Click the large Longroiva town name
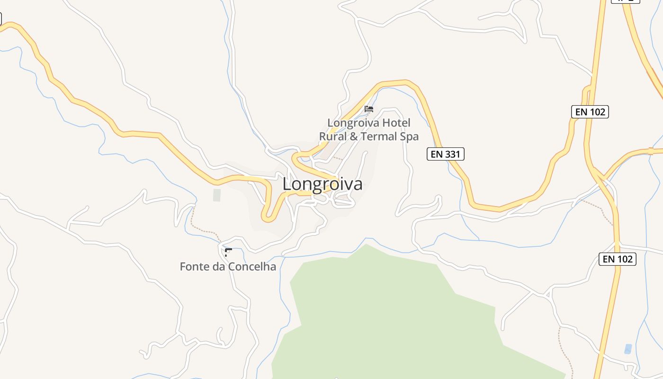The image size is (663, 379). pos(323,184)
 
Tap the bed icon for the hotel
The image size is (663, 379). pos(369,109)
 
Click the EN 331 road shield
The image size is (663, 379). pos(445,154)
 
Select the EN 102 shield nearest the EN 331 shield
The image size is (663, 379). pos(590,112)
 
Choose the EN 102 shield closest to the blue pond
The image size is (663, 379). pos(617,259)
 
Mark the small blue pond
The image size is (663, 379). pos(628,349)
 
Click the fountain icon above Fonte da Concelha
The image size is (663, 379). pos(228,252)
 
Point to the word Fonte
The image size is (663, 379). pos(194,267)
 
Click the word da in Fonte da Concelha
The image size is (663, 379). pos(219,267)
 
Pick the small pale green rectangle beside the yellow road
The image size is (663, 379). pos(217,195)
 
